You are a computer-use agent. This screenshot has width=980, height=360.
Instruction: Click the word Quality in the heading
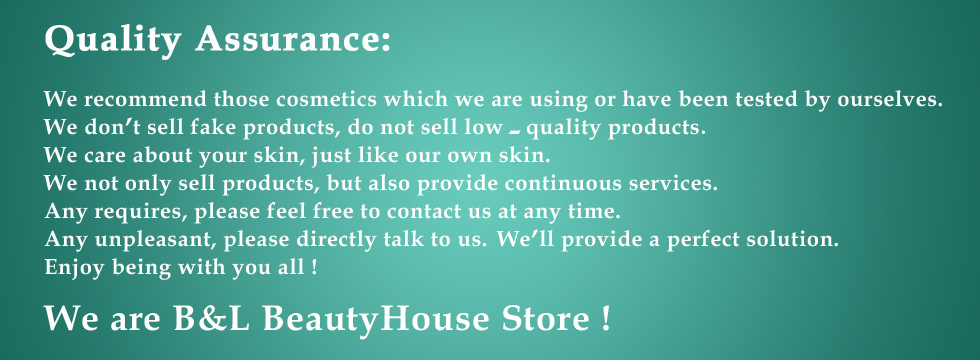coord(112,41)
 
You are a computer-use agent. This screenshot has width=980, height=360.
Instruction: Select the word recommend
coord(145,99)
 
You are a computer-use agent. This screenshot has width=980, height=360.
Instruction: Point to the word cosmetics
coord(326,99)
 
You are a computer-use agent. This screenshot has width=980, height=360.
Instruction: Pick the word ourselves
coord(890,99)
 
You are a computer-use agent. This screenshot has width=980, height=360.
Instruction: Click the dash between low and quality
coord(515,132)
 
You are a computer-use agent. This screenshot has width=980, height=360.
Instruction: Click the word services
coord(673,183)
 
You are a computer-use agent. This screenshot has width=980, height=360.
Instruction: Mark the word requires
coord(141,212)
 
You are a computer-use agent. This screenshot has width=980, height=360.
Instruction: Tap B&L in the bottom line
coord(212,319)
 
